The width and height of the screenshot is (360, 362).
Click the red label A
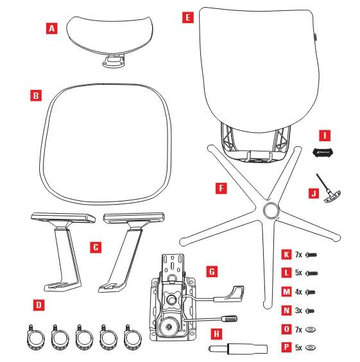click(52, 28)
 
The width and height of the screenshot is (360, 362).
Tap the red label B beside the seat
click(36, 96)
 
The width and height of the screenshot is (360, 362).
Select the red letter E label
click(188, 17)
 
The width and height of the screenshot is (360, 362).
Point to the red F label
click(221, 188)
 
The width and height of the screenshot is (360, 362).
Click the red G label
click(212, 271)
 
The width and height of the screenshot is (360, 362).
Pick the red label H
click(217, 334)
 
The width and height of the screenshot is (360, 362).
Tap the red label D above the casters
click(39, 305)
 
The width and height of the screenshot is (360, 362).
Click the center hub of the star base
click(271, 210)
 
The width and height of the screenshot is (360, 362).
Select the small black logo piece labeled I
click(323, 153)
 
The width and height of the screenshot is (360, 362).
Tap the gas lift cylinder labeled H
click(238, 349)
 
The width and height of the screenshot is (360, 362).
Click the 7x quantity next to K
click(298, 255)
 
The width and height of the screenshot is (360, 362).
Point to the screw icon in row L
click(311, 273)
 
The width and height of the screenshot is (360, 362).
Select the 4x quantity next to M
click(298, 292)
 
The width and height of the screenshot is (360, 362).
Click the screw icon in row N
click(310, 311)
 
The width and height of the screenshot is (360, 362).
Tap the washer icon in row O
click(311, 329)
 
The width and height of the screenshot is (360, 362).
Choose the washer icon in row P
click(311, 347)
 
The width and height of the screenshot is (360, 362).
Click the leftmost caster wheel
click(35, 337)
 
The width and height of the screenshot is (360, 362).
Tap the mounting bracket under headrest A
click(114, 61)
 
